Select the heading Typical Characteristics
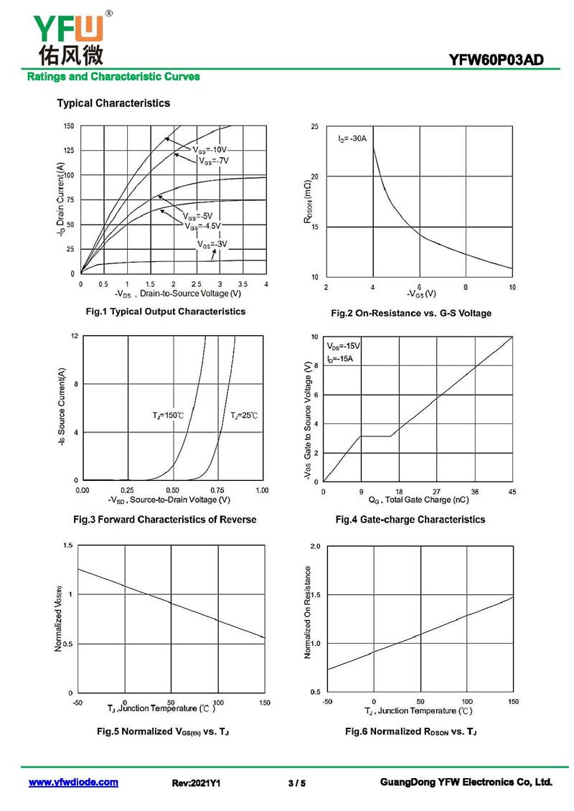click(113, 103)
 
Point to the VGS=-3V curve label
click(212, 245)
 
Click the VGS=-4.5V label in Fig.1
click(203, 226)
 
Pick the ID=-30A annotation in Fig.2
click(352, 139)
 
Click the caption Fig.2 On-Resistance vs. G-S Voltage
click(410, 313)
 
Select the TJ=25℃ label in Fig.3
click(243, 416)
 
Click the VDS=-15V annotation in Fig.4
click(344, 346)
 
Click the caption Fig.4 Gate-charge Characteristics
click(410, 520)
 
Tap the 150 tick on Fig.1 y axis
click(68, 126)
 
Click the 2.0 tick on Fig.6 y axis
click(315, 546)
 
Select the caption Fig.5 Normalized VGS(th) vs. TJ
click(162, 731)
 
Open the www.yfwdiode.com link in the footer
click(73, 782)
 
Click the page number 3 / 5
click(296, 783)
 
